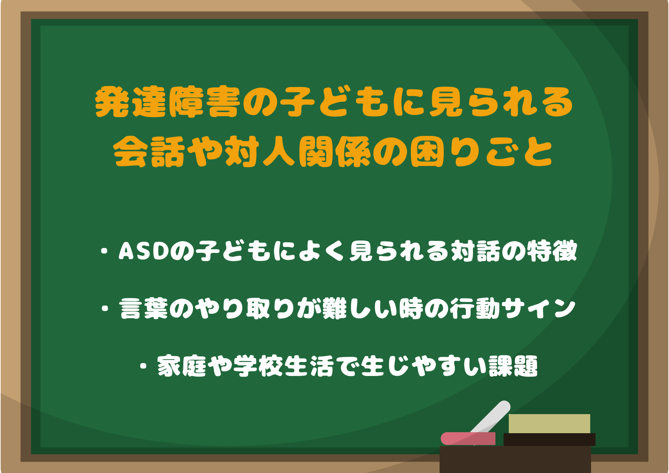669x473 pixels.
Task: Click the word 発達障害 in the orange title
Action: coord(168,102)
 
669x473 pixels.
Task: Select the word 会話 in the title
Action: coord(149,152)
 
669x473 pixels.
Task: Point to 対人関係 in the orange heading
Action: coord(297,152)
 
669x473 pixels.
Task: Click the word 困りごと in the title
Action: coord(481,152)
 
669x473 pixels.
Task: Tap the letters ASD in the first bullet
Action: coord(144,251)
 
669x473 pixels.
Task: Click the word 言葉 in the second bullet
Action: coord(144,308)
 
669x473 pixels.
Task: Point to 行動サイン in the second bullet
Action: coord(512,308)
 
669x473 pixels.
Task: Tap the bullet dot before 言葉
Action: coord(105,308)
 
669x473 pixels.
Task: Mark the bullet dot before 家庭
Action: coord(144,366)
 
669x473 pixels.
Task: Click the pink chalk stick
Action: coord(468,439)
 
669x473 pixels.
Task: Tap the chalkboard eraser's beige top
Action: coord(549,423)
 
